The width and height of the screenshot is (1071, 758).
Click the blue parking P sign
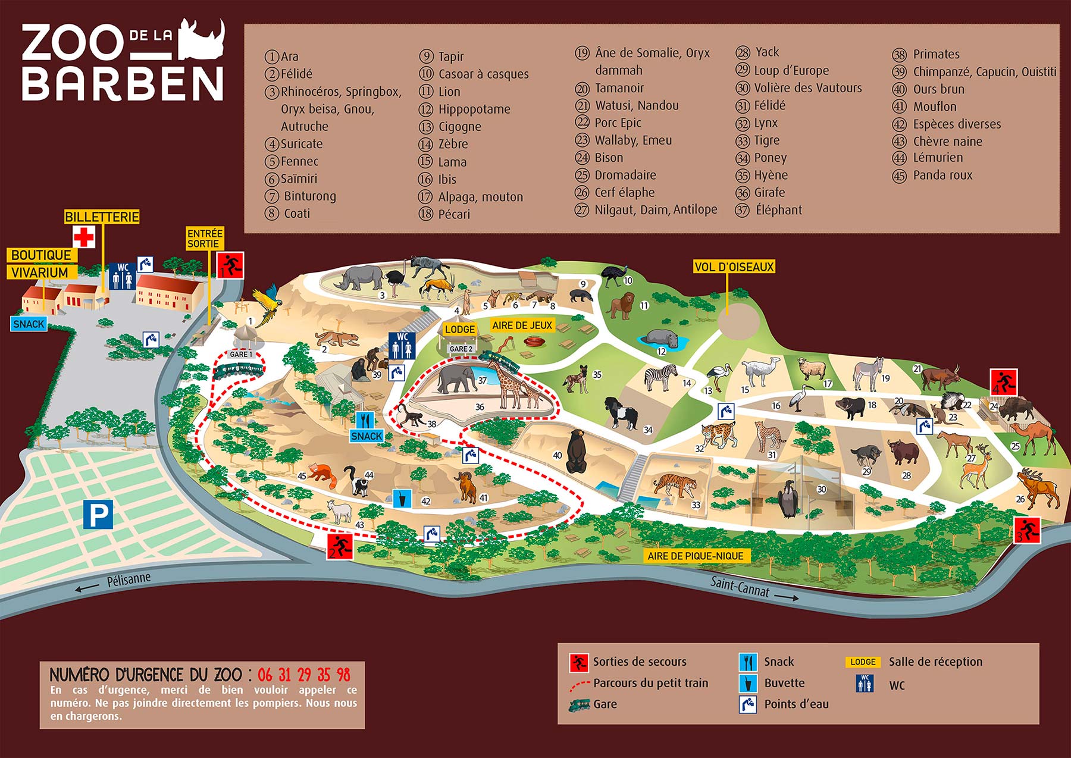(98, 515)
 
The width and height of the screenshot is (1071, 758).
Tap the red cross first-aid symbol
(84, 237)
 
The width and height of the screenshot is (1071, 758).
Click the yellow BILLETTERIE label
(102, 217)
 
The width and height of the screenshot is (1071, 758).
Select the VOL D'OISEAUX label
(734, 267)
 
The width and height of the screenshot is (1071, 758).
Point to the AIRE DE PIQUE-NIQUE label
(696, 556)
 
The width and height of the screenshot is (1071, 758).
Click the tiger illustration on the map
(677, 484)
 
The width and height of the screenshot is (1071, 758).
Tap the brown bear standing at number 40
(575, 451)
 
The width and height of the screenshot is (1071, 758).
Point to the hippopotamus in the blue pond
(662, 337)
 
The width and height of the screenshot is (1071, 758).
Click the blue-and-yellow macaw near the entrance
(265, 301)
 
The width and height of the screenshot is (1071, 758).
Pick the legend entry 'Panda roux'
(942, 175)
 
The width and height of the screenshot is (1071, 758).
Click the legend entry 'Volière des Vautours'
(807, 88)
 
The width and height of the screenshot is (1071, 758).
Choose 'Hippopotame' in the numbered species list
(474, 109)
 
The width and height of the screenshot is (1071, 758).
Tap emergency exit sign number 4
(1004, 381)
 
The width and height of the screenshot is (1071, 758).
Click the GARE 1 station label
(241, 354)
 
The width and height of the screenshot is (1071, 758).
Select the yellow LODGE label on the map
(460, 329)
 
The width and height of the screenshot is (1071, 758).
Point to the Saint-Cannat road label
(740, 587)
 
